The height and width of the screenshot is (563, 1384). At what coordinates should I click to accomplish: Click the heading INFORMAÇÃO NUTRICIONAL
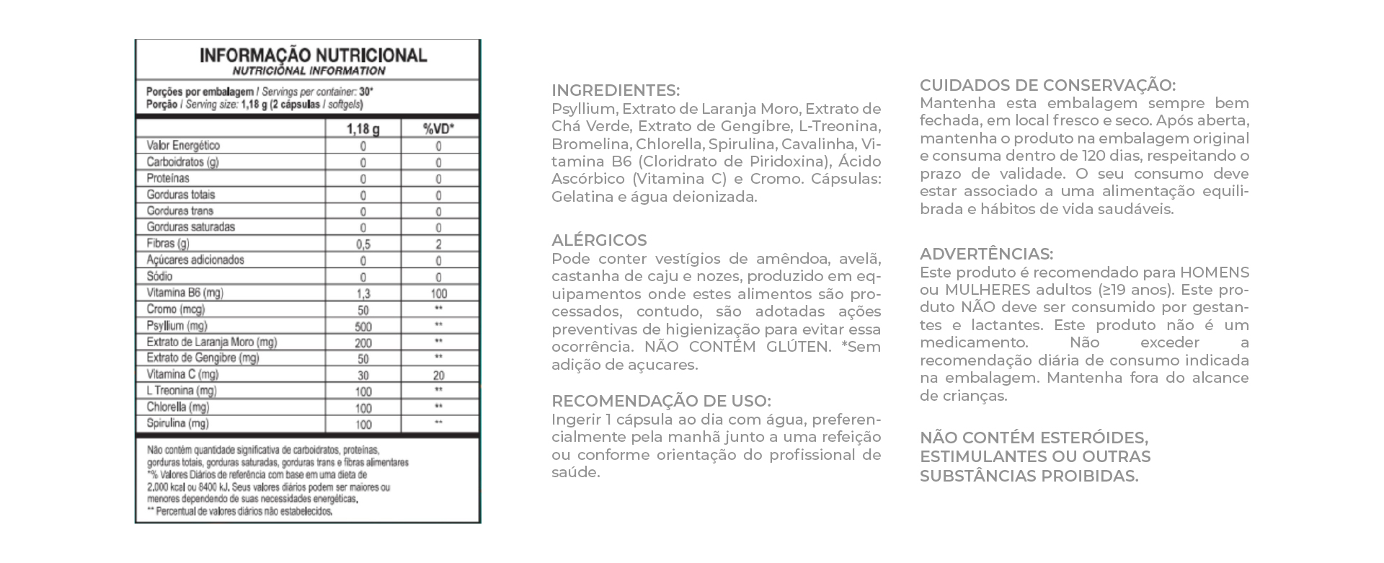(x=313, y=56)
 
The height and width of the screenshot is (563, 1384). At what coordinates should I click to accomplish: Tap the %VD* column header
(x=438, y=129)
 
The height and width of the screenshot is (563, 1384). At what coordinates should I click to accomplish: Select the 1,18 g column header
(x=363, y=129)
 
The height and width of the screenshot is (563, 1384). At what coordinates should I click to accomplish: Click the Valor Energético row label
(x=183, y=146)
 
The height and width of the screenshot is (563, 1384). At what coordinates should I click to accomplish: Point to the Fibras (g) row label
(x=168, y=244)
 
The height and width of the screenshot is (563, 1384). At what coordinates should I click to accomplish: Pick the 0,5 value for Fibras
(x=363, y=244)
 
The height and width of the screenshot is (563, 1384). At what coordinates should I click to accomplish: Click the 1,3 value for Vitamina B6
(x=363, y=293)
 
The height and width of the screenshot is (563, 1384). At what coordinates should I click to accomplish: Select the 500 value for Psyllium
(x=363, y=327)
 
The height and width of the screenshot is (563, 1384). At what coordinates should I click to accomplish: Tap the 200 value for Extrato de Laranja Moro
(x=363, y=342)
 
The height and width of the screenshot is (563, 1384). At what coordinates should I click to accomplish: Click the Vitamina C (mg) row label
(x=182, y=375)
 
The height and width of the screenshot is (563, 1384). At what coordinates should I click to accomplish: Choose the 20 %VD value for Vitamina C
(x=438, y=376)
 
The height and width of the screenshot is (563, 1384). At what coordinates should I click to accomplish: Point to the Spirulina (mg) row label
(x=177, y=424)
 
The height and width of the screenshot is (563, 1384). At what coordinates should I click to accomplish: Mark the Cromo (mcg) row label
(x=176, y=309)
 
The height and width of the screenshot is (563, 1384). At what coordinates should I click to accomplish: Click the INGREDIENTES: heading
(x=615, y=91)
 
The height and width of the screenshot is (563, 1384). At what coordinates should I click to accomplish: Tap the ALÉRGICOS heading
(x=599, y=241)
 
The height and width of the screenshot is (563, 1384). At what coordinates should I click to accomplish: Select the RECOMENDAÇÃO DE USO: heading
(x=661, y=402)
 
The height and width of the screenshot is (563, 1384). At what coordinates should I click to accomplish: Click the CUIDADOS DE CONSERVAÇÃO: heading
(x=1047, y=85)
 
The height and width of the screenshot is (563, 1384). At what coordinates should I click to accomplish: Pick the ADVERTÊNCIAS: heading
(x=986, y=254)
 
